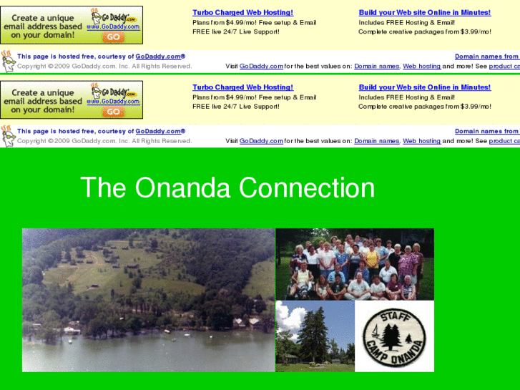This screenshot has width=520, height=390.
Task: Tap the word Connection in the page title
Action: coord(307,188)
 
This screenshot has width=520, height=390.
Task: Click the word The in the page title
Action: coord(103,188)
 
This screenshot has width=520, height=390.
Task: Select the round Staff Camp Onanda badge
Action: coord(395,336)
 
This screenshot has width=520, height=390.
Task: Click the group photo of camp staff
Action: coord(355,264)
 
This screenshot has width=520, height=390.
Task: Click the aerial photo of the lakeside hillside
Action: coord(148,300)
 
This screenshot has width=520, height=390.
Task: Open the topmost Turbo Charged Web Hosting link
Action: coord(242,13)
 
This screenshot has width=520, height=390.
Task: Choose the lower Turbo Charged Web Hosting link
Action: coord(242,87)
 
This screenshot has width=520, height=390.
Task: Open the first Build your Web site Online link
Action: coord(424,13)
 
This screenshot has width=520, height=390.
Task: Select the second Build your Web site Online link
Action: coord(424,87)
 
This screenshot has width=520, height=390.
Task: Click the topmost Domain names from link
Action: coord(486,57)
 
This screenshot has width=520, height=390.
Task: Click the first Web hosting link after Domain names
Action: coord(421,67)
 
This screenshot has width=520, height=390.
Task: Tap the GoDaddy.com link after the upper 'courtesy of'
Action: coord(160,57)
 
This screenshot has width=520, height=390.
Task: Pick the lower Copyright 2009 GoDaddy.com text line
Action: coord(104,141)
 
